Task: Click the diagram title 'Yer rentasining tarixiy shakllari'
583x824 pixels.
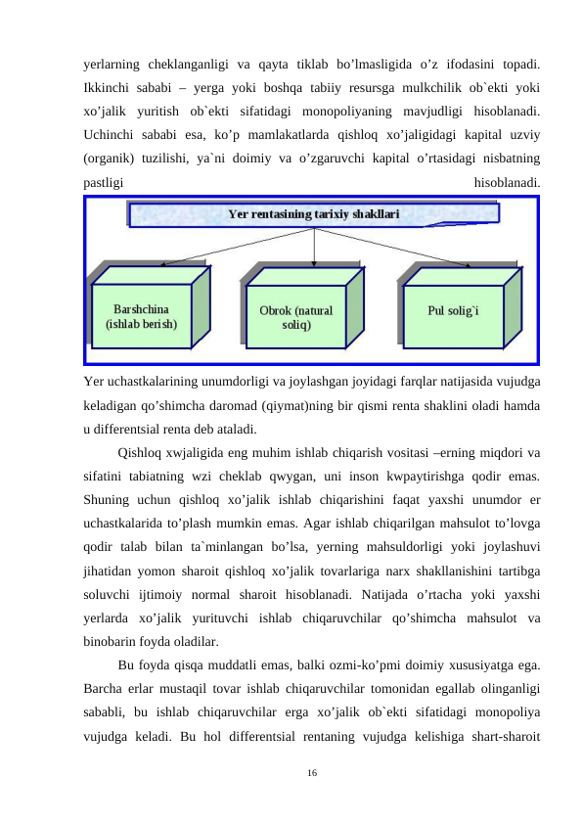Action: click(313, 213)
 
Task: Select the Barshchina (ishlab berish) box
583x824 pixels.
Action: click(141, 315)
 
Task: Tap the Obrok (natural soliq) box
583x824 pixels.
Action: click(295, 316)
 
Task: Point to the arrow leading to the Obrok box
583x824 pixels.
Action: click(313, 250)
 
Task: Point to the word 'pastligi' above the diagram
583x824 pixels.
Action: click(104, 181)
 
